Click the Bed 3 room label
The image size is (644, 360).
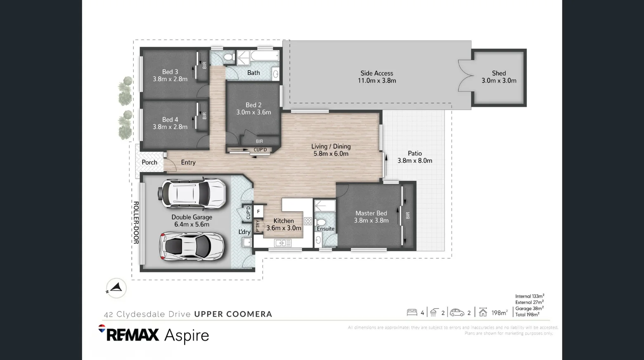(170, 72)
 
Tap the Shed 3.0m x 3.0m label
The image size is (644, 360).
(499, 77)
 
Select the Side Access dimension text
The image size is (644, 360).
(376, 81)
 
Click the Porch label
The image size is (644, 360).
(149, 162)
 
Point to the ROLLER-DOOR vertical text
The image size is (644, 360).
(135, 223)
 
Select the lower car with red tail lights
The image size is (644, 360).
(192, 246)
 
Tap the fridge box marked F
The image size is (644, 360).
(258, 211)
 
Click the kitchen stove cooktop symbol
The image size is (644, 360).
(308, 221)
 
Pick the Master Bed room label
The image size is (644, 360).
(371, 213)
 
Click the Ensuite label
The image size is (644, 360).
(325, 229)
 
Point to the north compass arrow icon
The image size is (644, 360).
(116, 288)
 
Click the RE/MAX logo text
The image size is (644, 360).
(132, 335)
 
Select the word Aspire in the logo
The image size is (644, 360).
(187, 335)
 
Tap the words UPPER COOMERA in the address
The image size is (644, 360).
(233, 314)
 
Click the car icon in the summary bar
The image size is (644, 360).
(457, 313)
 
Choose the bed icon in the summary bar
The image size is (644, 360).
(412, 313)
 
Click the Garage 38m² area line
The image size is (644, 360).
(529, 308)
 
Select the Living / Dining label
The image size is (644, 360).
(331, 147)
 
